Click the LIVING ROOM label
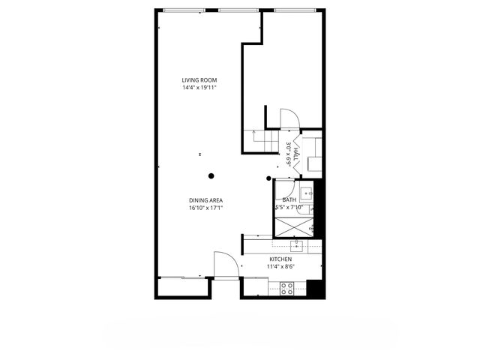pyautogui.click(x=199, y=80)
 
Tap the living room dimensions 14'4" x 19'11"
pyautogui.click(x=199, y=88)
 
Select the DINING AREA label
pyautogui.click(x=205, y=200)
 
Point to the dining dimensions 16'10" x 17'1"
pyautogui.click(x=205, y=208)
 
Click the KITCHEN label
pyautogui.click(x=280, y=259)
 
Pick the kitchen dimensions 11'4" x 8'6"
pyautogui.click(x=280, y=266)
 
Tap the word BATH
pyautogui.click(x=289, y=200)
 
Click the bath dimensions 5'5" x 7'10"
pyautogui.click(x=289, y=208)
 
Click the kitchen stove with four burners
pyautogui.click(x=286, y=286)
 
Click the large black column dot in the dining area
pyautogui.click(x=211, y=176)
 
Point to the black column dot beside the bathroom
pyautogui.click(x=269, y=178)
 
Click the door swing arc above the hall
pyautogui.click(x=289, y=119)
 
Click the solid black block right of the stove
pyautogui.click(x=317, y=287)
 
